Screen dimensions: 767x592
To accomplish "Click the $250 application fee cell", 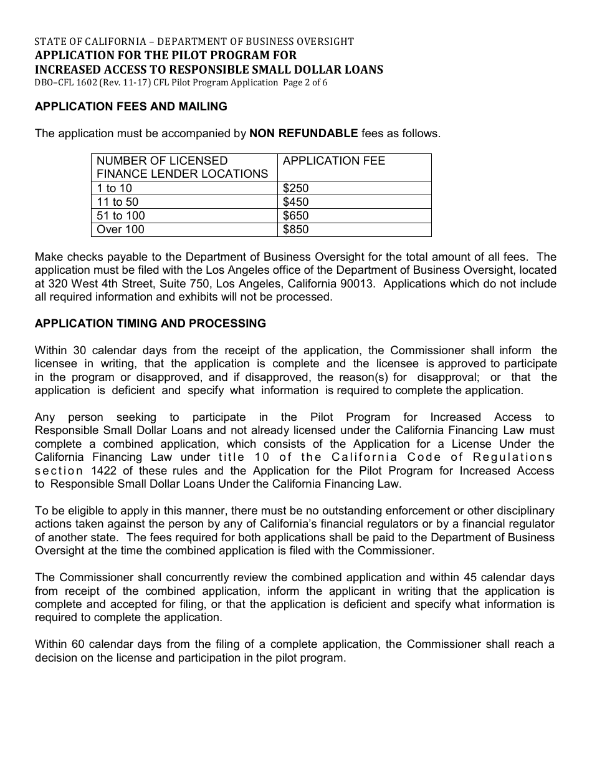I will [296, 188].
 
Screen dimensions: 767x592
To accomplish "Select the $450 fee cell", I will [296, 202].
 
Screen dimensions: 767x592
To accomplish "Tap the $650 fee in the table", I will [296, 216].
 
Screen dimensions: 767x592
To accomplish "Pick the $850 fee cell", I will [296, 229].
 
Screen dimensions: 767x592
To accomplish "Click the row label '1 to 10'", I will [115, 188].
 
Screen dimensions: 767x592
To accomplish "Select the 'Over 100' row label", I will [120, 229].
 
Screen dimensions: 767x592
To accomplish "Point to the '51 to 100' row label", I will [121, 216].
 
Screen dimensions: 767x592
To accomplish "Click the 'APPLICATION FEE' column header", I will [334, 161].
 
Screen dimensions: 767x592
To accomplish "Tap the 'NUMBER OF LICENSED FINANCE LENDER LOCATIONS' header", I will [182, 167].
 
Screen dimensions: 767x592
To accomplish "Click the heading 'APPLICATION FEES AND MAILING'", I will [131, 107].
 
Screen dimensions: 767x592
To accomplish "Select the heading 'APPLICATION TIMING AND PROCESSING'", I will [150, 324].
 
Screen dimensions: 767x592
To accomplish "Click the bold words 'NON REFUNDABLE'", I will [303, 133].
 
